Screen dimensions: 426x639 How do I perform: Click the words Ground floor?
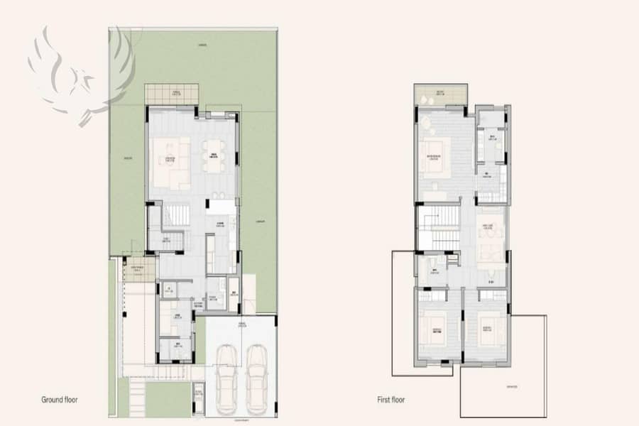(59, 400)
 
